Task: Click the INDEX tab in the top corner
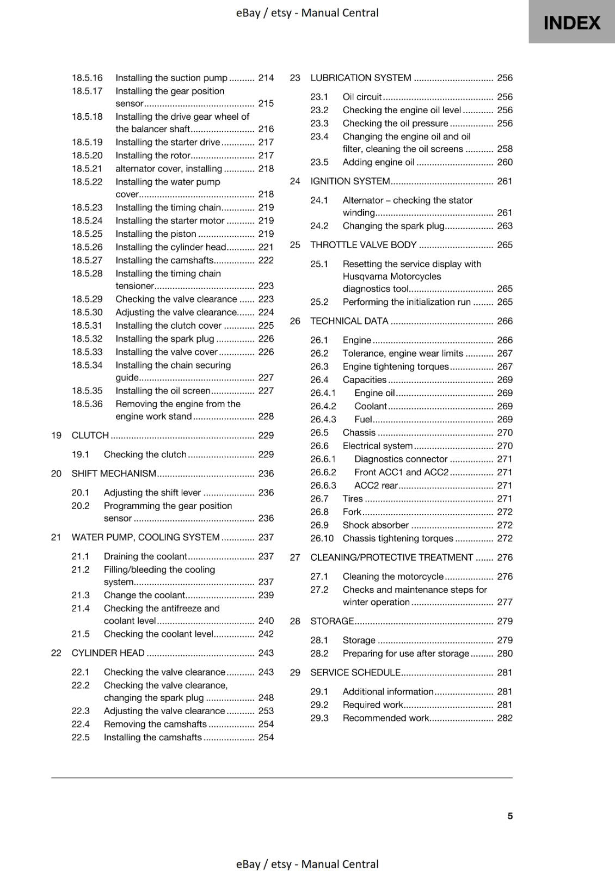pos(571,22)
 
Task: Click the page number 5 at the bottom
pos(510,815)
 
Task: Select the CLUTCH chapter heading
pos(90,435)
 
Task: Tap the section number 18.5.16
pos(87,78)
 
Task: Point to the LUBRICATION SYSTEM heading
pos(361,78)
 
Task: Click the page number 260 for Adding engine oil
pos(505,162)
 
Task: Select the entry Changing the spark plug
pos(393,226)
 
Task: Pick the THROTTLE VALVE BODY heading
pos(363,245)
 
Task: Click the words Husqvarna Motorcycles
pos(392,276)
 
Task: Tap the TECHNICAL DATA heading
pos(349,321)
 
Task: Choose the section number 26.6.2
pos(323,472)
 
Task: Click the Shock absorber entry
pos(376,525)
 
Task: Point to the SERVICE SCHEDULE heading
pos(355,672)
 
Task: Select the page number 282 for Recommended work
pos(505,718)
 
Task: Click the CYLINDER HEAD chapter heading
pos(108,653)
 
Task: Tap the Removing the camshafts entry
pos(155,724)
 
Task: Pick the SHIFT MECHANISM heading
pos(114,474)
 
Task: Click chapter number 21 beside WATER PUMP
pos(56,537)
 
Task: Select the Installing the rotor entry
pos(153,155)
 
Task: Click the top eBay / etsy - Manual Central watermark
pos(307,13)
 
